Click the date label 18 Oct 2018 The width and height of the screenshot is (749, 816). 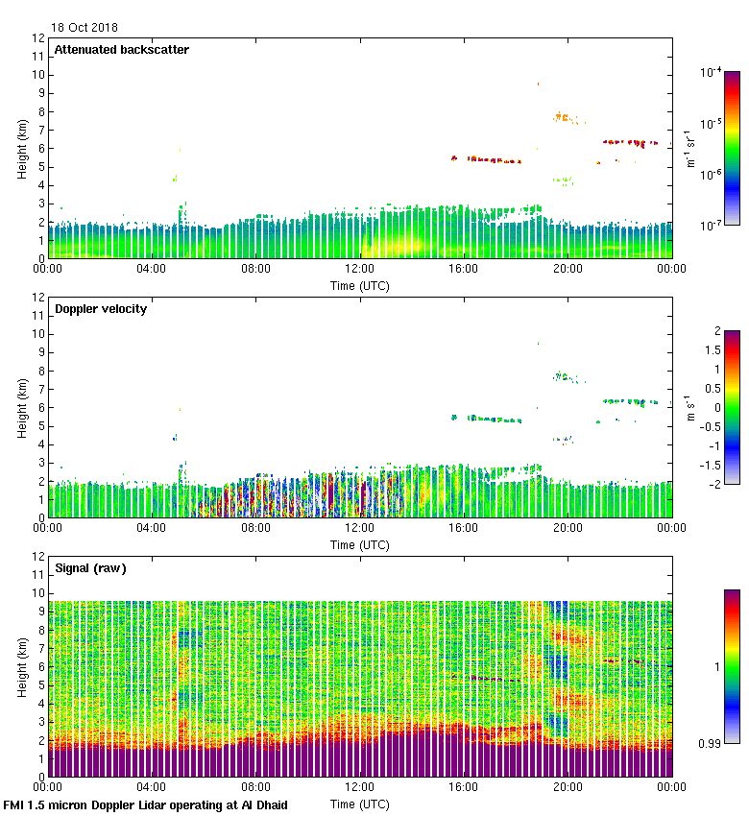click(86, 29)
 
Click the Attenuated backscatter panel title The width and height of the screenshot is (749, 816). click(122, 50)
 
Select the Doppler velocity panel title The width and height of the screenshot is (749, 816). click(101, 309)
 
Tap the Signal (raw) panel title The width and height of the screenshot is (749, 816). click(90, 568)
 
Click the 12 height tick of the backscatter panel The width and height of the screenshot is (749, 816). click(39, 38)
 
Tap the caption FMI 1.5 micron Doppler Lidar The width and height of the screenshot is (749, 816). click(145, 804)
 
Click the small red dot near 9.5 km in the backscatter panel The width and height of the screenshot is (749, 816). click(538, 84)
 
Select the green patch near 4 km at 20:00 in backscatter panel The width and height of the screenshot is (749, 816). click(563, 180)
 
